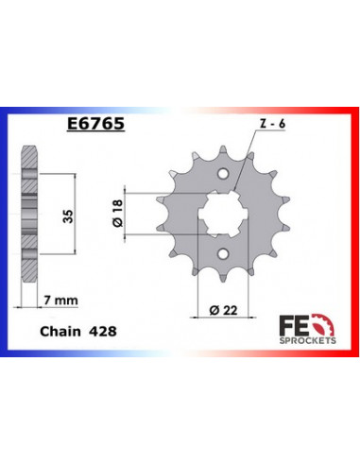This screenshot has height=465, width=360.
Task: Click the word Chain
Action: click(x=60, y=332)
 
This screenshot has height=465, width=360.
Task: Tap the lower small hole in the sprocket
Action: click(x=221, y=254)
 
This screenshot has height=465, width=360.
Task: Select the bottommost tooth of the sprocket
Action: click(x=221, y=277)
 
